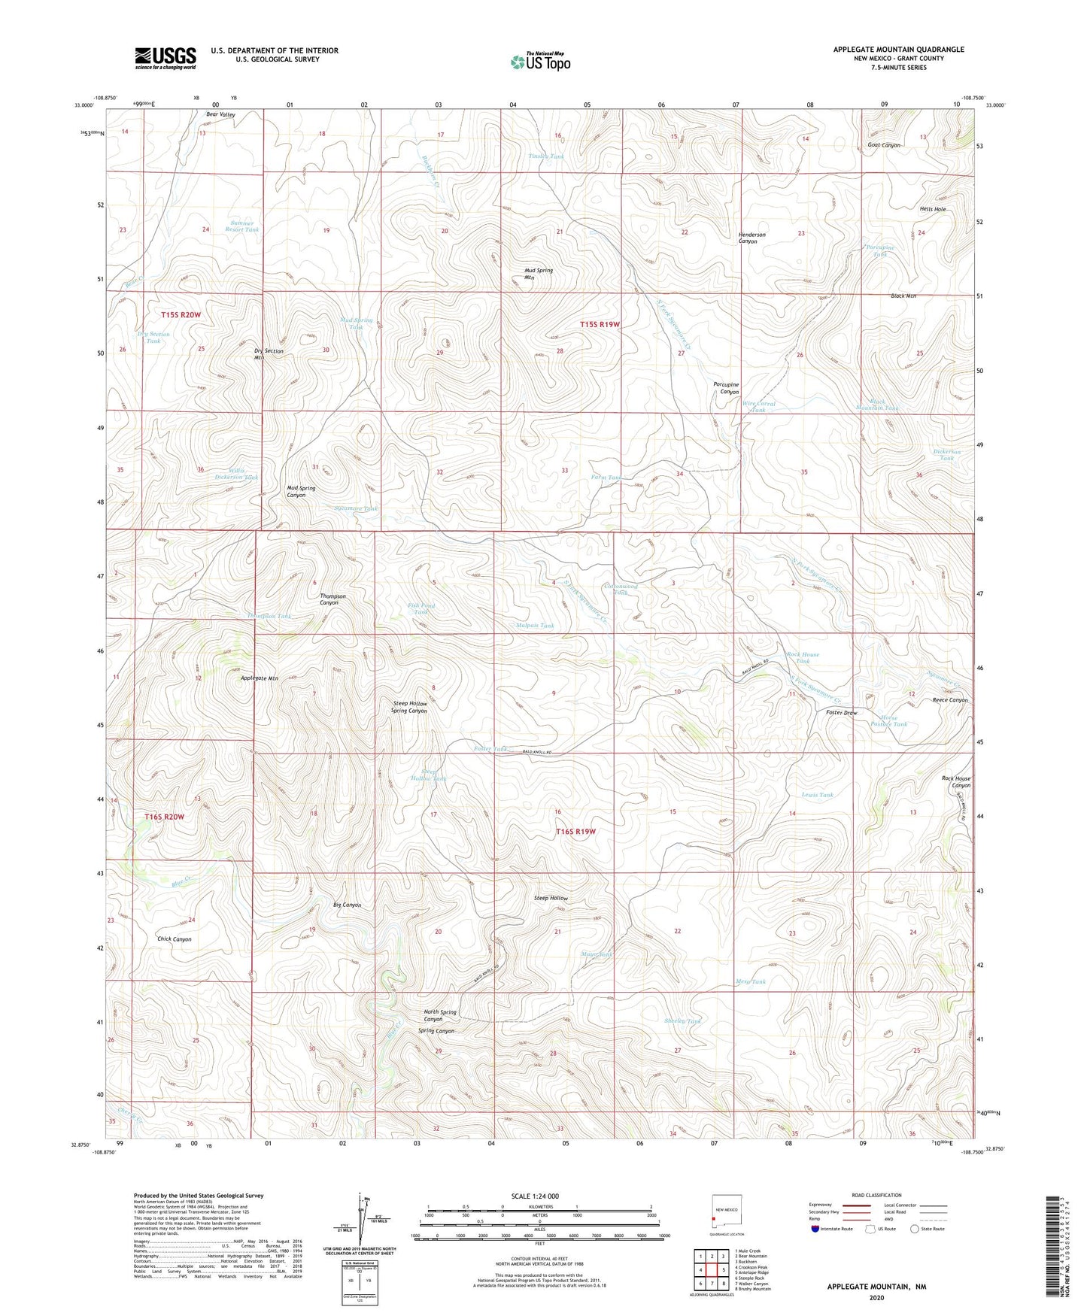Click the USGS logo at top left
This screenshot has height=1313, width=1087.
[x=165, y=58]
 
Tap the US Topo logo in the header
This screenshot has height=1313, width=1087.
[x=540, y=62]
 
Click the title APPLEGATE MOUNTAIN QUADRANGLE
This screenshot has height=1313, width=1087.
[x=898, y=50]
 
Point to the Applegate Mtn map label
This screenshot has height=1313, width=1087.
[x=259, y=678]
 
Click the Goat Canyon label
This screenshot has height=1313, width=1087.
[x=883, y=145]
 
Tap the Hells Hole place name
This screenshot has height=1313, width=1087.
[x=932, y=209]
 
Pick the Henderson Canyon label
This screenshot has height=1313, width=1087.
[x=751, y=238]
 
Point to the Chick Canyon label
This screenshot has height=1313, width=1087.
[x=174, y=939]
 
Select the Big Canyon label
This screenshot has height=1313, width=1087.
[x=347, y=905]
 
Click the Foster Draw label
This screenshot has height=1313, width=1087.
[x=841, y=713]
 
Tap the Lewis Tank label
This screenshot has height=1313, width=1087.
[x=817, y=795]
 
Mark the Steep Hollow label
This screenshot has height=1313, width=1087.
[x=551, y=899]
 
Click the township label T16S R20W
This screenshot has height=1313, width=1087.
[x=164, y=817]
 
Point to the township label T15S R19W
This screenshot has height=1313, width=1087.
[x=600, y=324]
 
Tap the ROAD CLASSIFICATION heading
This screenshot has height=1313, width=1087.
[x=876, y=1195]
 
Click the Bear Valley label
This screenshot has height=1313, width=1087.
[x=220, y=114]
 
